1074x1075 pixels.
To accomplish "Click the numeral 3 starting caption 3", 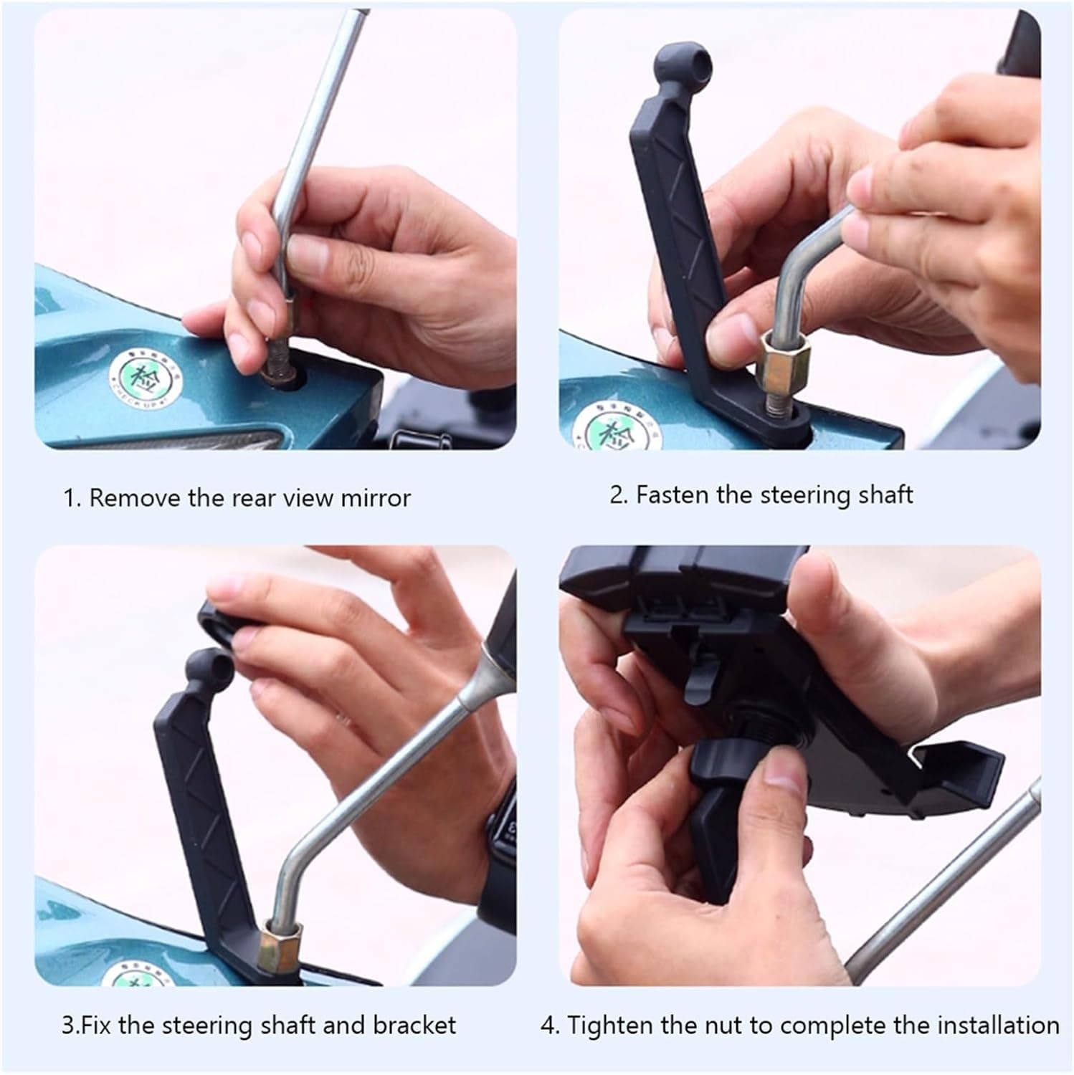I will pos(67,1026).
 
